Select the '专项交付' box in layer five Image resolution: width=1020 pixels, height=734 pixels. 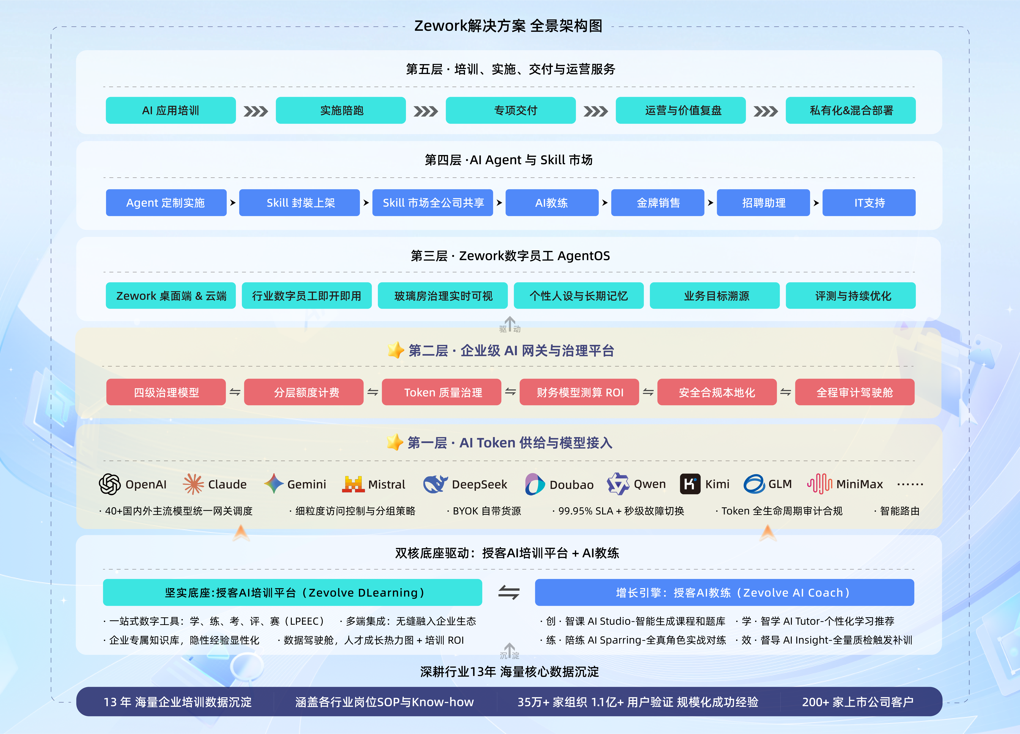(x=510, y=110)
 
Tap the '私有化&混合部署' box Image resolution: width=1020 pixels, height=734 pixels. (x=850, y=110)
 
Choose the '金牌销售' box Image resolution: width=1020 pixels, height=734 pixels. (x=658, y=203)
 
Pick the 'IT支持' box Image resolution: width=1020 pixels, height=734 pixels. (x=869, y=203)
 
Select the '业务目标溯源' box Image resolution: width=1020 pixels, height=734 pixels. (x=715, y=295)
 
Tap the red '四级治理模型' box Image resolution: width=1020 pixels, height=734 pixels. (x=166, y=392)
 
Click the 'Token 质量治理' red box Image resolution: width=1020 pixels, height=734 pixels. (x=442, y=392)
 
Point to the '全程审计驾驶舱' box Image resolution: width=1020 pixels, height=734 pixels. (x=855, y=392)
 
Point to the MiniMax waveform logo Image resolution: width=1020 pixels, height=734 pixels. (x=819, y=484)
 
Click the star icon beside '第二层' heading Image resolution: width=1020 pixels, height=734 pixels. (x=396, y=350)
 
